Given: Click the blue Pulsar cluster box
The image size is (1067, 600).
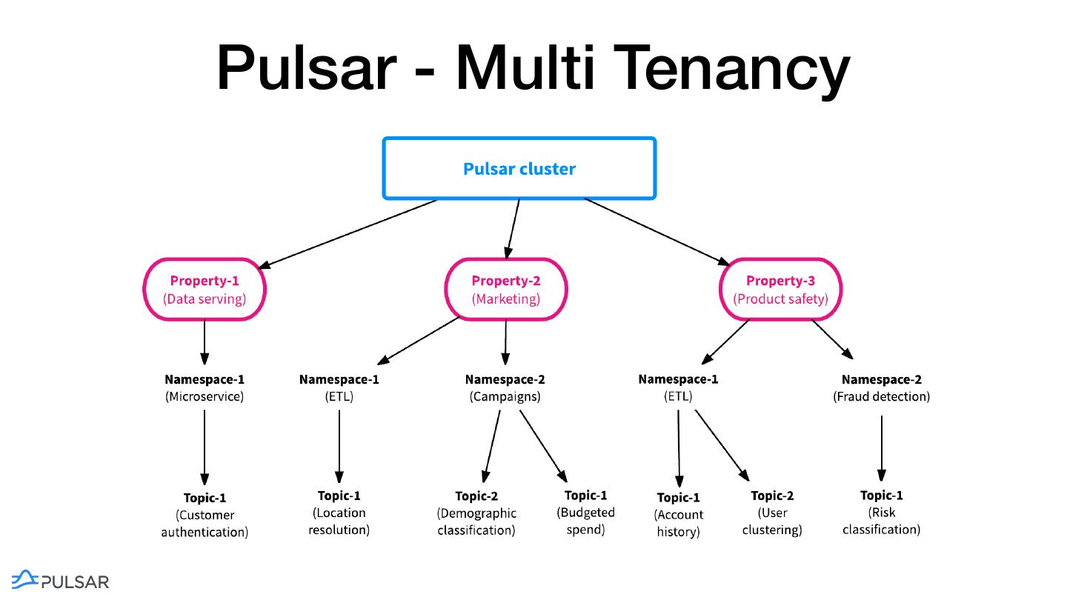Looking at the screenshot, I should click(519, 169).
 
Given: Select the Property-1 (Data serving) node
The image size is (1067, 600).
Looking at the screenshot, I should click(205, 290).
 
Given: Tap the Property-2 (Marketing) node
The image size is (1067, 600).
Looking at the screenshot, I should click(506, 290).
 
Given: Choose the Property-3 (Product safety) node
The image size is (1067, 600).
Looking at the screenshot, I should click(780, 290).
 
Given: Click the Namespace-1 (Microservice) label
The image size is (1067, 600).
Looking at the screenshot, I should click(205, 387).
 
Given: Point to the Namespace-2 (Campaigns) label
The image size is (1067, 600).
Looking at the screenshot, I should click(505, 387).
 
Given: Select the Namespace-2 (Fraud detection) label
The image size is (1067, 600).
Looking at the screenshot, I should click(881, 387).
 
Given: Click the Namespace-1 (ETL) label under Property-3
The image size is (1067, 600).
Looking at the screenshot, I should click(678, 387).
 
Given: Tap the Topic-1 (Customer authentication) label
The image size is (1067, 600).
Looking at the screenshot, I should click(205, 514).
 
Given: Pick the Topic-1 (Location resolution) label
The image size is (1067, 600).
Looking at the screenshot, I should click(339, 513).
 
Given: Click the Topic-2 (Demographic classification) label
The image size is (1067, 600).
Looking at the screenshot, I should click(476, 513).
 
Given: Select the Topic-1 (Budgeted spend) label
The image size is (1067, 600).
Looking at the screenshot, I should click(585, 512).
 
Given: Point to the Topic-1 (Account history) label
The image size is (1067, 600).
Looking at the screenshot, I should click(678, 514).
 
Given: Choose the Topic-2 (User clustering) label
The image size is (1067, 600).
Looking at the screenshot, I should click(772, 513).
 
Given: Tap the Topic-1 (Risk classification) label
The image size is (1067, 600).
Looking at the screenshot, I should click(881, 512).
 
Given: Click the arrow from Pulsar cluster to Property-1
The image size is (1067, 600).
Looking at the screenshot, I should click(348, 233).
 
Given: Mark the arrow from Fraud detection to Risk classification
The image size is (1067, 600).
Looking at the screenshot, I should click(881, 448).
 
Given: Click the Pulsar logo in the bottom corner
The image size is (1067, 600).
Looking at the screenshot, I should click(61, 581).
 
